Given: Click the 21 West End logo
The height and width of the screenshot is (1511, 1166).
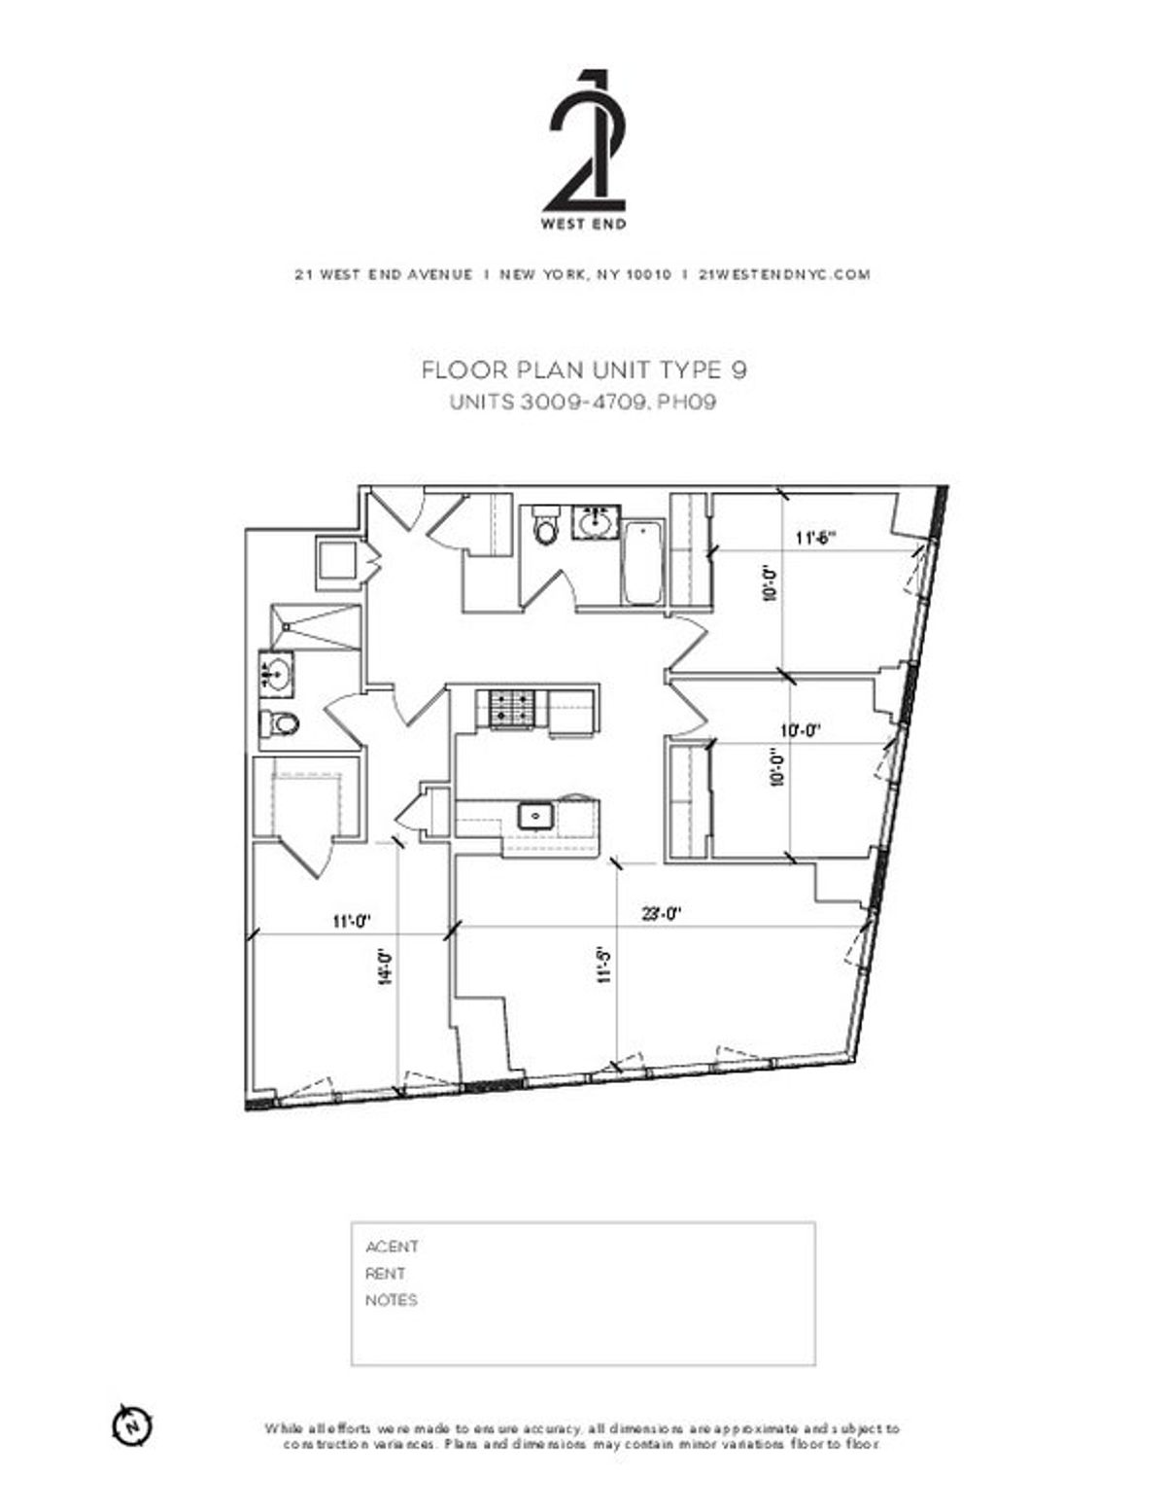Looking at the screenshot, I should point(583,149).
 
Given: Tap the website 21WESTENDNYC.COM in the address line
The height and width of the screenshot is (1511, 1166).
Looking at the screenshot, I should point(784,274).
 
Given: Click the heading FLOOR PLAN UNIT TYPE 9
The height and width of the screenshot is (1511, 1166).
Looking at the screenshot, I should point(584,370).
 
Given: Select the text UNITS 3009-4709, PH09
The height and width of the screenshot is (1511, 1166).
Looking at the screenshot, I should point(583,402).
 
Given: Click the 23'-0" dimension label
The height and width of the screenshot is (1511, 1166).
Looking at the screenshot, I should point(662,913).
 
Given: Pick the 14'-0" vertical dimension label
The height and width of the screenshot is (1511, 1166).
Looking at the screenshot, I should point(386,967).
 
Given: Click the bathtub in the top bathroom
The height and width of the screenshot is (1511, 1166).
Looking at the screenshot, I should point(642,562).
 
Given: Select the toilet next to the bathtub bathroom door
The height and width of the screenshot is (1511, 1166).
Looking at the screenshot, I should point(546,526).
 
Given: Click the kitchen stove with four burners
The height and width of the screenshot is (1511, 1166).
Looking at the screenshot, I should point(511,708).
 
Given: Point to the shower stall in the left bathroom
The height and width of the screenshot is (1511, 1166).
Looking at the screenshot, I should point(316,627).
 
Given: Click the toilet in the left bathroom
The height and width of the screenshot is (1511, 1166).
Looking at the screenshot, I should point(282,723).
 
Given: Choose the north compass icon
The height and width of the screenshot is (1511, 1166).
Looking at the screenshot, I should point(133,1424).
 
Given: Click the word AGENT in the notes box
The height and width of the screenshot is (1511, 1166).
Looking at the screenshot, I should point(392,1247).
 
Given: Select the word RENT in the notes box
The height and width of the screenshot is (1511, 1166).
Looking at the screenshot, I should point(386,1273).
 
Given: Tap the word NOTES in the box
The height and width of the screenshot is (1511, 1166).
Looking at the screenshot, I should point(392,1300).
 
